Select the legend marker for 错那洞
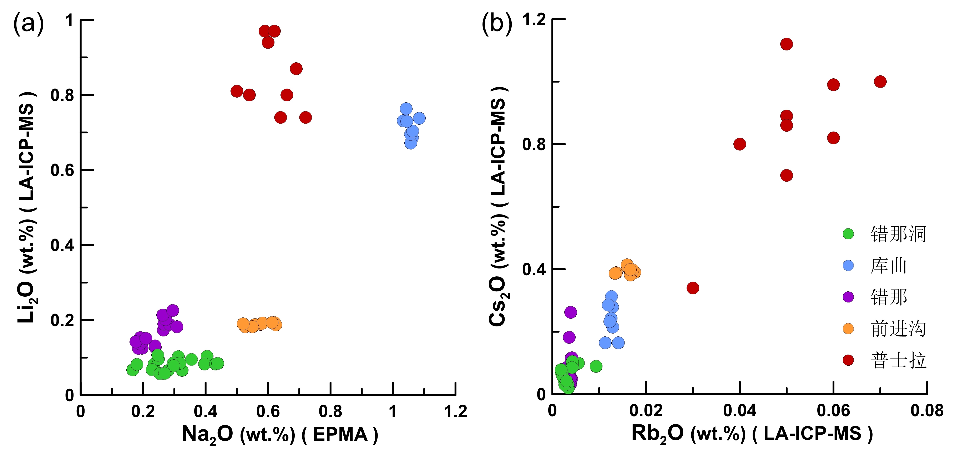pyautogui.click(x=848, y=234)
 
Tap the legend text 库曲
pyautogui.click(x=889, y=266)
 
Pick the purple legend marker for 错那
pyautogui.click(x=848, y=297)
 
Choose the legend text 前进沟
pyautogui.click(x=898, y=329)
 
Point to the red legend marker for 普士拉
pyautogui.click(x=848, y=360)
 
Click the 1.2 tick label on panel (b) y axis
pyautogui.click(x=534, y=19)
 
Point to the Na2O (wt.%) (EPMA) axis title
pyautogui.click(x=280, y=434)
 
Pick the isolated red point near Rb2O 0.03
pyautogui.click(x=693, y=288)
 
